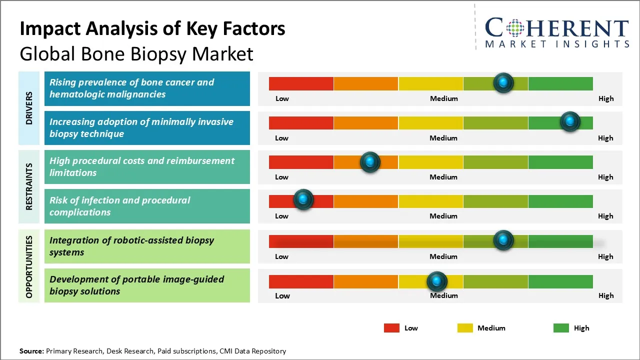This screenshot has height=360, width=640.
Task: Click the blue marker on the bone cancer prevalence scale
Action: [503, 83]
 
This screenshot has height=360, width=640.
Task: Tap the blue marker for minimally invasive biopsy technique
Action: [569, 122]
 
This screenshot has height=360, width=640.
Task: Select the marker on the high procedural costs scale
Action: [370, 162]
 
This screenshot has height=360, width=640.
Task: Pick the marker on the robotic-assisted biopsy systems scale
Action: [503, 240]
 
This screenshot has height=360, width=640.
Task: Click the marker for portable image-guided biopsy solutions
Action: [437, 281]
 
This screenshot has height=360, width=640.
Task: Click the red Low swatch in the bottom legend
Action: [391, 328]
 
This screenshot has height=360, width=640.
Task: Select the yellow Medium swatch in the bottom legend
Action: [465, 328]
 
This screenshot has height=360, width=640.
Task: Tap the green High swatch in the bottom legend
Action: [561, 328]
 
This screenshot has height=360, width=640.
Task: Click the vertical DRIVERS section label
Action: [29, 108]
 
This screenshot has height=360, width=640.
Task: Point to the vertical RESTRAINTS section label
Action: [29, 186]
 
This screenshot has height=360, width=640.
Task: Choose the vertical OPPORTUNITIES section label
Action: [29, 266]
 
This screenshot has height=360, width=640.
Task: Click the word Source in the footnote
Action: [31, 351]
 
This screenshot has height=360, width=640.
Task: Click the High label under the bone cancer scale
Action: [605, 98]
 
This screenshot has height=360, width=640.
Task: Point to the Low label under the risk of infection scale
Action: [281, 216]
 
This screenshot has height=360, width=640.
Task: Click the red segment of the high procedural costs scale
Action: [301, 162]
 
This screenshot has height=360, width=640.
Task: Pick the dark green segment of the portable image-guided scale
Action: [560, 281]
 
